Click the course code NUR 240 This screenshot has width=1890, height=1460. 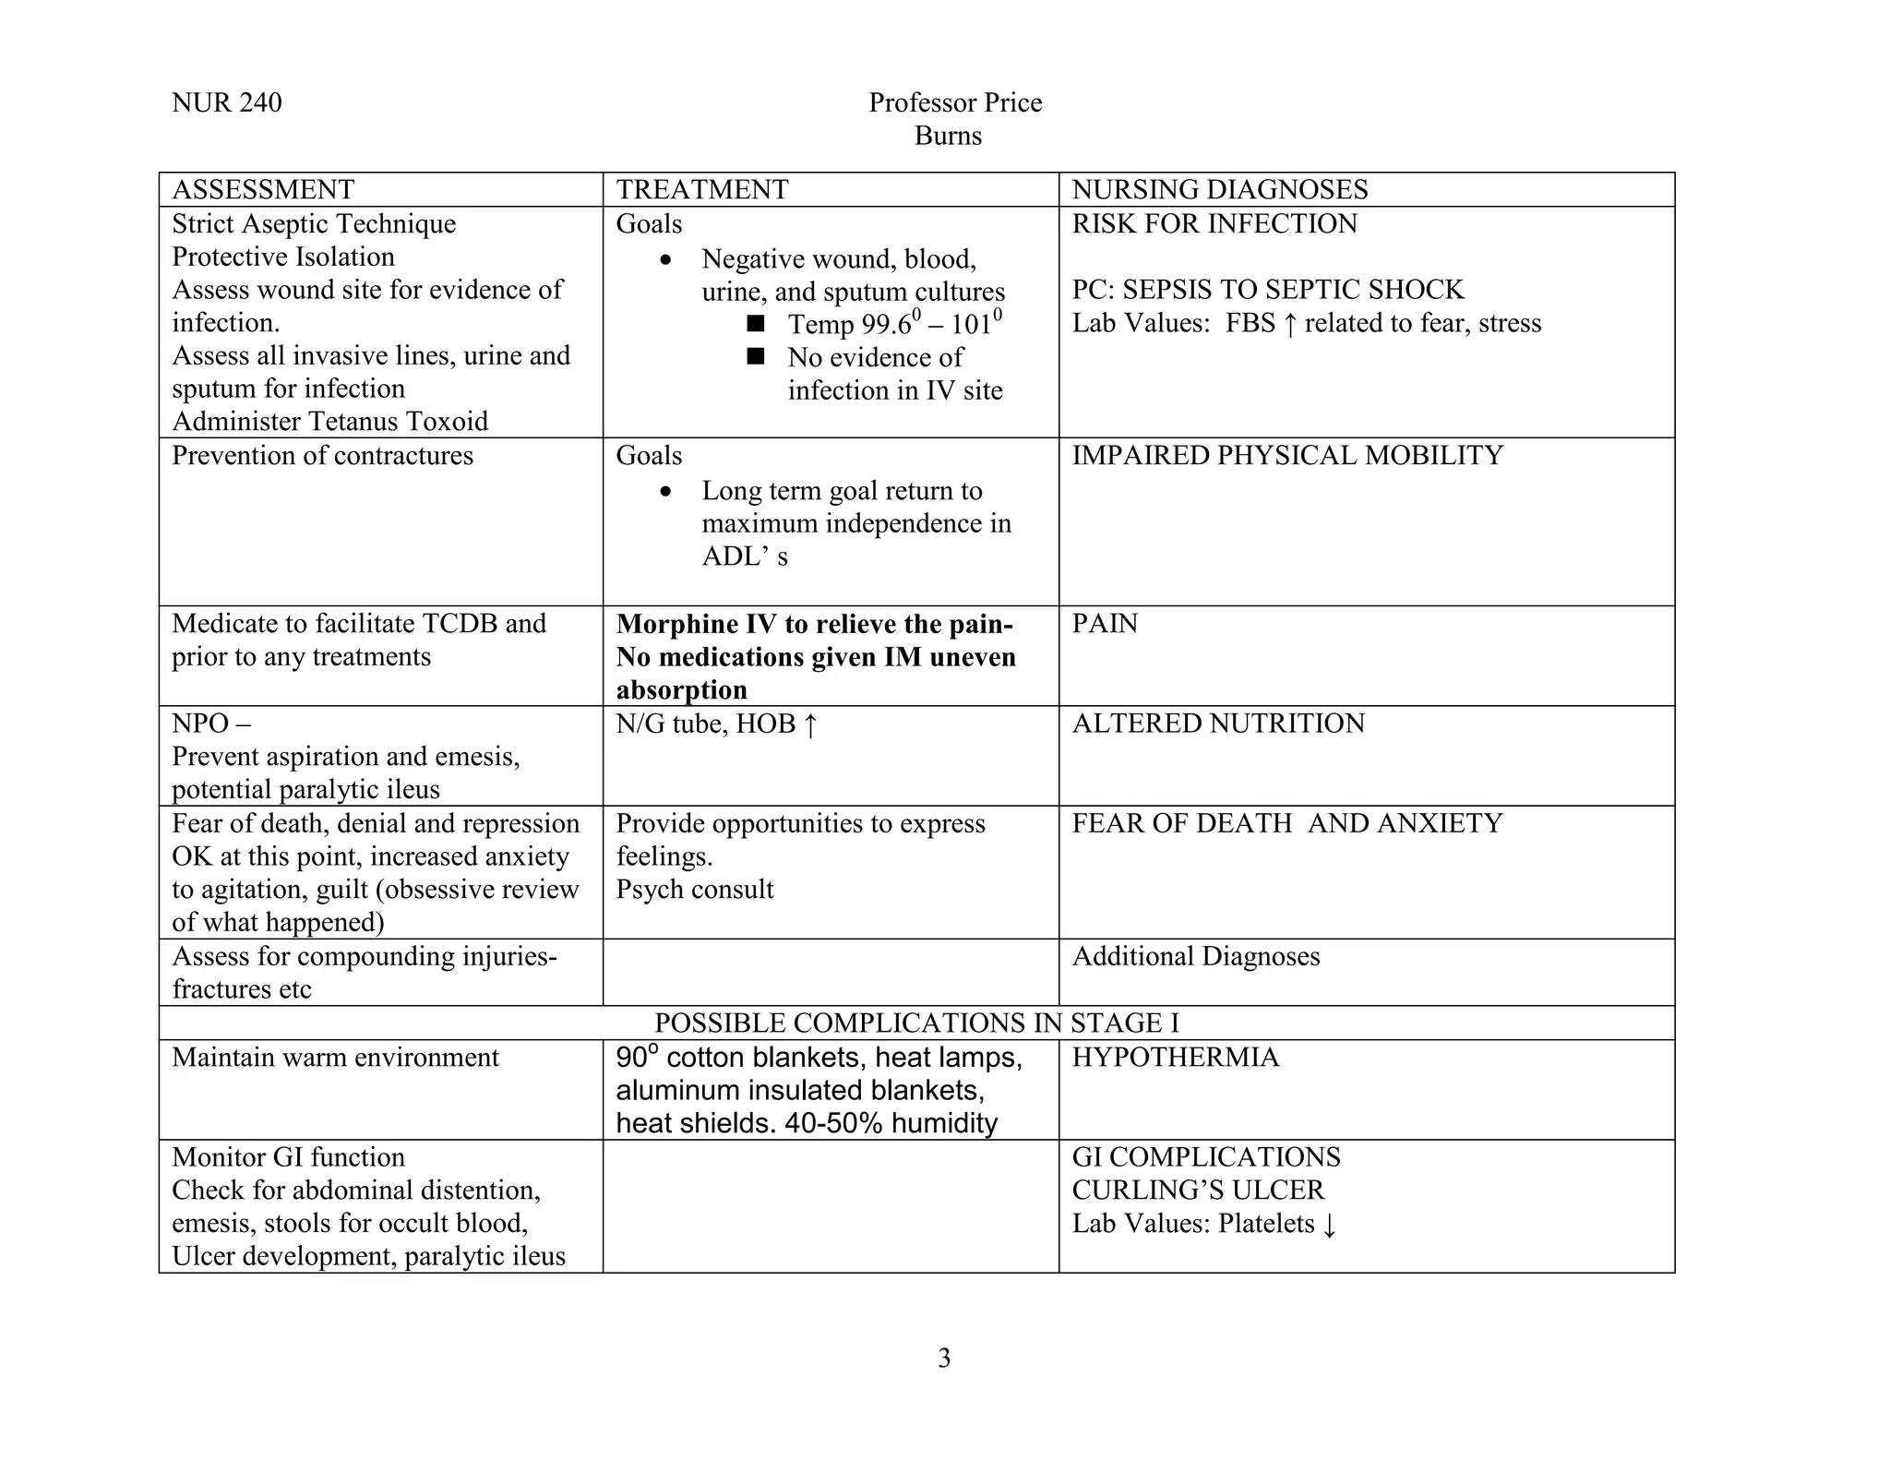tap(226, 102)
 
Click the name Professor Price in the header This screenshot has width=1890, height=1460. tap(954, 102)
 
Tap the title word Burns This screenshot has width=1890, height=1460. tap(948, 136)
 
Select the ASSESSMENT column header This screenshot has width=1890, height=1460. tap(263, 189)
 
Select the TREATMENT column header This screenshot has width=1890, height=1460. tap(701, 189)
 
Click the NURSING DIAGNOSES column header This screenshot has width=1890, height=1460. tap(1219, 189)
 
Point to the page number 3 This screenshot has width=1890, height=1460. tap(943, 1358)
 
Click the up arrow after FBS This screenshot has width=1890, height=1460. tap(1290, 324)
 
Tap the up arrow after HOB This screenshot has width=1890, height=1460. tap(809, 724)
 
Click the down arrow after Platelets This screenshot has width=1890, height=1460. tap(1329, 1225)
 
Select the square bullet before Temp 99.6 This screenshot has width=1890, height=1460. tap(756, 324)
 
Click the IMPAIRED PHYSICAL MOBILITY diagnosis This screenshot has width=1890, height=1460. tap(1286, 455)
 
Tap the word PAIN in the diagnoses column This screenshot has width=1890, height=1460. tap(1105, 623)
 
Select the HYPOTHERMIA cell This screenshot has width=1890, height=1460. tap(1175, 1057)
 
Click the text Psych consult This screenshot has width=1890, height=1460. tap(694, 889)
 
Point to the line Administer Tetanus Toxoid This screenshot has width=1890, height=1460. tap(329, 421)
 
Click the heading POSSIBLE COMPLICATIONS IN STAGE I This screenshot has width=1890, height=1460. tap(915, 1023)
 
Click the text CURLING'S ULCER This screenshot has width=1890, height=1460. tap(1197, 1190)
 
